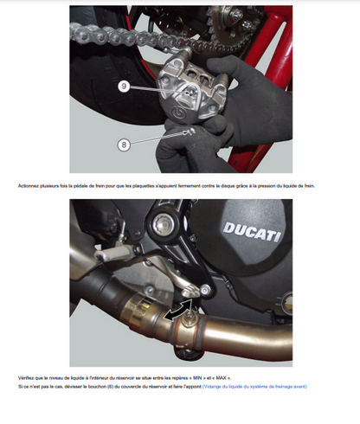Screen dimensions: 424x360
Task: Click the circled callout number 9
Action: tap(125, 87)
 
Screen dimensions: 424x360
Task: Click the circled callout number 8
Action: tap(124, 145)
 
